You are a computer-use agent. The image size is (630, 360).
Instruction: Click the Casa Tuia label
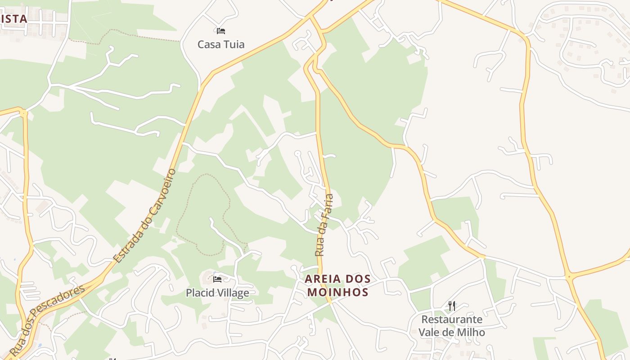pyautogui.click(x=221, y=44)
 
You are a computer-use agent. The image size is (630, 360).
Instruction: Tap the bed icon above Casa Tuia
pyautogui.click(x=220, y=31)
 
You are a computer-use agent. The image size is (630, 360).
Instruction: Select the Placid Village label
pyautogui.click(x=217, y=293)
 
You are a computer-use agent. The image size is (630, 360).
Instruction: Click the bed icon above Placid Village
pyautogui.click(x=217, y=279)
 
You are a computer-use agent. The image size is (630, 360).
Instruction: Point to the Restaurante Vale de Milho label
pyautogui.click(x=452, y=326)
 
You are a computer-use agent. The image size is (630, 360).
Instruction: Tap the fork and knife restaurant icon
pyautogui.click(x=452, y=306)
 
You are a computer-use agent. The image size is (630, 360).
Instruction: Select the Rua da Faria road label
pyautogui.click(x=324, y=225)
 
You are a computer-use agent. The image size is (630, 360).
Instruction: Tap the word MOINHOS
pyautogui.click(x=338, y=292)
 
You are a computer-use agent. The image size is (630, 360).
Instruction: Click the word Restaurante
pyautogui.click(x=452, y=319)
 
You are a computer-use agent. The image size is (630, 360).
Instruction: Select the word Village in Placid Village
pyautogui.click(x=232, y=293)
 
